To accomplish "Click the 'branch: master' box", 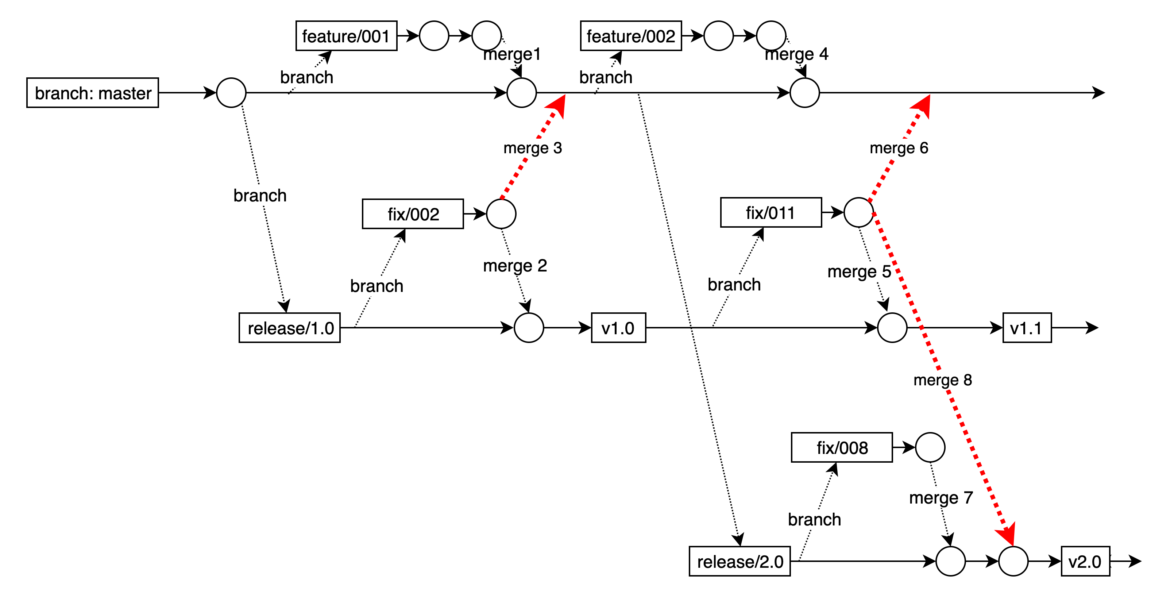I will tap(93, 93).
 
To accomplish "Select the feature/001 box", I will tap(346, 36).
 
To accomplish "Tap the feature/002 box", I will tap(631, 36).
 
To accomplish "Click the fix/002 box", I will tap(413, 214).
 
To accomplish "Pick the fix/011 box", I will tap(771, 212).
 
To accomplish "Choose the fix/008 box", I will tap(842, 448).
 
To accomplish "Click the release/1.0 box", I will tap(290, 328).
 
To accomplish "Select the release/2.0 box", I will tap(739, 562).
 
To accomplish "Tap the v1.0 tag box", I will tap(618, 328).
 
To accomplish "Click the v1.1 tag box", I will tap(1027, 328).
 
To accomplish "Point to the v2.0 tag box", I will tap(1085, 562).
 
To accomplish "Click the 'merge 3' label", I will tap(532, 148).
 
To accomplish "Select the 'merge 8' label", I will tap(942, 380).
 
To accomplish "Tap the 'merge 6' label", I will tap(899, 148).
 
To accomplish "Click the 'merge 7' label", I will tap(941, 498).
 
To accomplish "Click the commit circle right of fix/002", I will tap(501, 214).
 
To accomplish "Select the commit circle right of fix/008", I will tap(930, 448).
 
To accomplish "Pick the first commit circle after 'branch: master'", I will tap(231, 93).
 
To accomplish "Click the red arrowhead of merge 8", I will tap(1008, 533).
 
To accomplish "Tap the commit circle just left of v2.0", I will tap(1013, 562).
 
